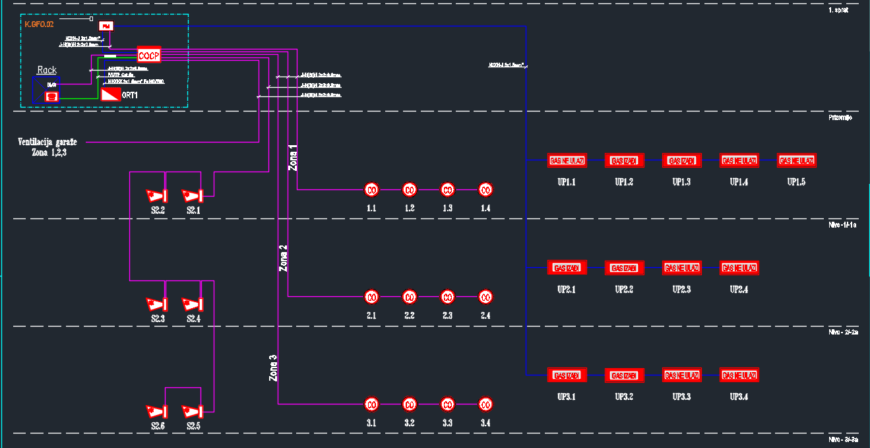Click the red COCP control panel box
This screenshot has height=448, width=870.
click(x=149, y=55)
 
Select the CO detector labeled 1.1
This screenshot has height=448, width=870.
click(x=371, y=190)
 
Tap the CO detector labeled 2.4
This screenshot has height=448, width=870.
click(x=485, y=297)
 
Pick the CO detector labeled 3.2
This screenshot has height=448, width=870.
click(x=409, y=404)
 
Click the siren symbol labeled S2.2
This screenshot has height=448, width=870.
click(x=157, y=195)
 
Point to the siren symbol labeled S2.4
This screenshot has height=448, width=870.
click(x=194, y=304)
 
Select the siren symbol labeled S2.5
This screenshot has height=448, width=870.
click(x=194, y=411)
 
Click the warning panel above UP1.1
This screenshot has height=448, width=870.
click(x=567, y=160)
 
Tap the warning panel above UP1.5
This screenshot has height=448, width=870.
click(x=796, y=160)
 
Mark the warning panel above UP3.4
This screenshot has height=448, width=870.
click(x=739, y=375)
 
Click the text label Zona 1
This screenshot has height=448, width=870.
click(x=294, y=158)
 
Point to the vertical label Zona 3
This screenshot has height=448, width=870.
click(x=273, y=369)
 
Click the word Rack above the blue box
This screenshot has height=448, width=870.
click(x=47, y=70)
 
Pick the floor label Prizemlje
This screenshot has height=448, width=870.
click(x=841, y=117)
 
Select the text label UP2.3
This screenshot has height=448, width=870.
click(x=681, y=290)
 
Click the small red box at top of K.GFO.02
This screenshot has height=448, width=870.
click(x=106, y=26)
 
